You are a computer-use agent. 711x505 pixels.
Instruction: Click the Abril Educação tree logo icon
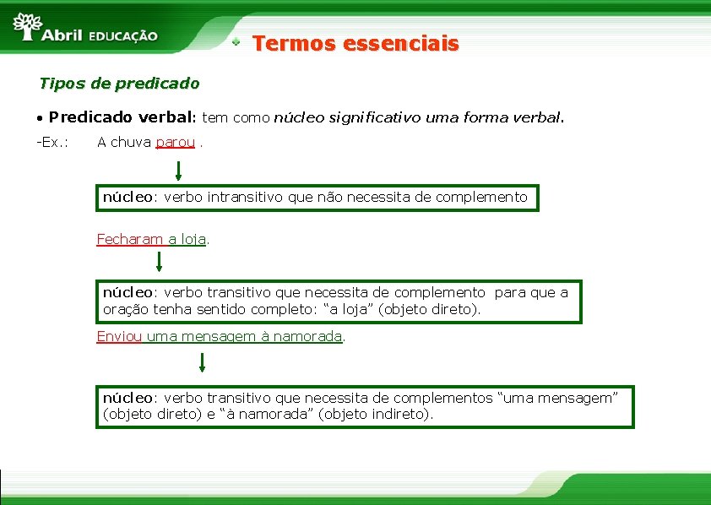pyautogui.click(x=28, y=25)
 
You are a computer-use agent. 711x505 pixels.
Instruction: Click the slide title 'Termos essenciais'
pyautogui.click(x=355, y=43)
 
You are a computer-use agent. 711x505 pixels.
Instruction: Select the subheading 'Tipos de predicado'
pyautogui.click(x=119, y=84)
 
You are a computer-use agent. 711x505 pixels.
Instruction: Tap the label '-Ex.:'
pyautogui.click(x=52, y=142)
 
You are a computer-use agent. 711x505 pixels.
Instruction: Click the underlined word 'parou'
pyautogui.click(x=176, y=142)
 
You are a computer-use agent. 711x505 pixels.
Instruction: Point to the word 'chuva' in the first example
pyautogui.click(x=130, y=142)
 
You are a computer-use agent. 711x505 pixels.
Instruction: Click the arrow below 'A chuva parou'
pyautogui.click(x=178, y=171)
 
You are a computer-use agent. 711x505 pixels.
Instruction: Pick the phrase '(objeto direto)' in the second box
pyautogui.click(x=428, y=309)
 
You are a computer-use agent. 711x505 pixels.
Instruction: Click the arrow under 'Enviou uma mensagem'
pyautogui.click(x=202, y=363)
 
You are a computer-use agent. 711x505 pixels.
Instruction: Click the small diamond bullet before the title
pyautogui.click(x=238, y=41)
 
